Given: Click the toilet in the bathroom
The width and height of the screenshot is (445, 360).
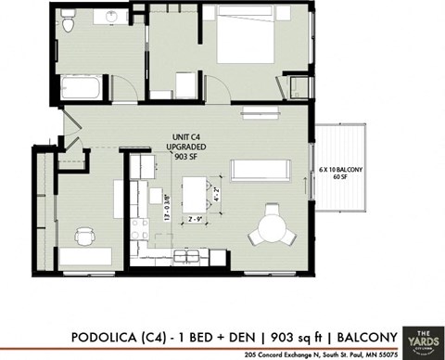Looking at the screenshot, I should tap(68, 27).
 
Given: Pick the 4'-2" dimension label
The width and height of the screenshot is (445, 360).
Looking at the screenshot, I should tap(216, 196).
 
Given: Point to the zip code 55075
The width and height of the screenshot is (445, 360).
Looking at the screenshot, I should tap(384, 354).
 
